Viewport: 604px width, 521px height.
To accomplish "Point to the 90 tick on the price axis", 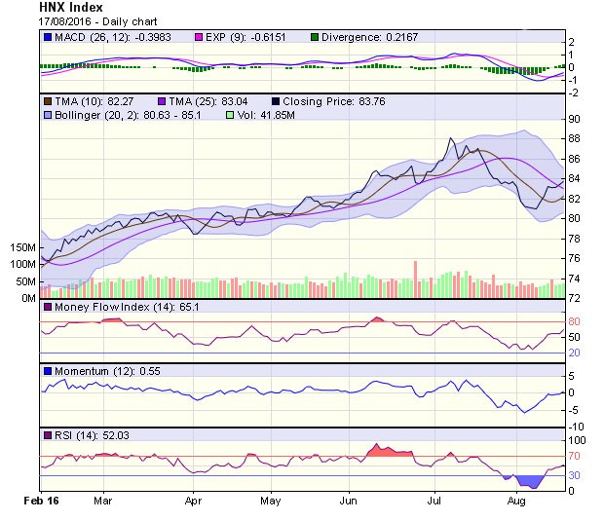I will coord(574,119).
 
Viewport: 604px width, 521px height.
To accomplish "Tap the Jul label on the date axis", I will coord(434,499).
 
